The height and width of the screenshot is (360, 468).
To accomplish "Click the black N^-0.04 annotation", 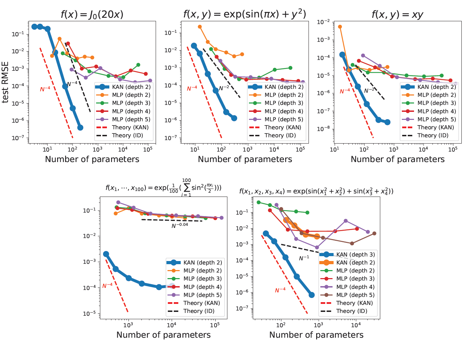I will pos(180,225).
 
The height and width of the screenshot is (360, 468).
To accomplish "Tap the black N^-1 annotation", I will pos(304,258).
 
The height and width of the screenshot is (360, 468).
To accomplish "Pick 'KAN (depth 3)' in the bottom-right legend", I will pos(356,254).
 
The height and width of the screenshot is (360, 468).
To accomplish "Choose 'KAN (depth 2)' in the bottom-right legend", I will pos(356,262).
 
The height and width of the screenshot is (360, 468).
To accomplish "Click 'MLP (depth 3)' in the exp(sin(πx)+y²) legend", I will pos(284,103).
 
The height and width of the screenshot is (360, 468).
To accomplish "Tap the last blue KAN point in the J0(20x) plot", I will pos(80,128).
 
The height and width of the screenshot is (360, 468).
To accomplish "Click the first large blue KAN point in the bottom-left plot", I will pos(106,254).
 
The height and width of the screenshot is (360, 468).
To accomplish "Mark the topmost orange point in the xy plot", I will pos(340,27).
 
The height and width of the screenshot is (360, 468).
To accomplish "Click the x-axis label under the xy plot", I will pos(397,159).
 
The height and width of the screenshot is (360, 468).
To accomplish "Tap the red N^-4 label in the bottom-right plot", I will pos(280,290).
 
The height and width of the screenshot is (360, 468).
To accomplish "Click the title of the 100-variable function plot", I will pos(163,188).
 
